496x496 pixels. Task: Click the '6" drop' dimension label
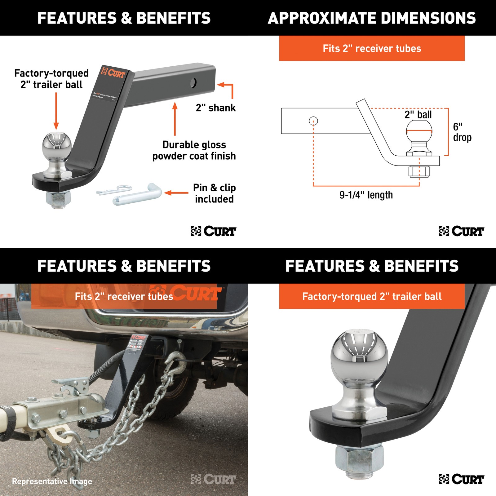[x=462, y=132]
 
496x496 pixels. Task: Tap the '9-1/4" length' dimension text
[x=366, y=195]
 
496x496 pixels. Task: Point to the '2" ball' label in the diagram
[x=418, y=115]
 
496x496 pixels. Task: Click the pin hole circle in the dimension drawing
[x=313, y=121]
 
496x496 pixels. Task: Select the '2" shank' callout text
[x=216, y=108]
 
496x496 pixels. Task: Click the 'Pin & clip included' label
[x=214, y=193]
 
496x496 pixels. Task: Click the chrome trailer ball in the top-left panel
[x=57, y=146]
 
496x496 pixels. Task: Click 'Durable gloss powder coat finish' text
[x=194, y=150]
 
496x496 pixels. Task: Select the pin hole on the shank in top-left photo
[x=193, y=83]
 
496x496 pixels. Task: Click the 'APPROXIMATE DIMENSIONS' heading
[x=372, y=18]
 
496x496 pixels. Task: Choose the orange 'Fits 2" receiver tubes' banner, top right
[x=372, y=48]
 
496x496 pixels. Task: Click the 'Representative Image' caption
[x=52, y=481]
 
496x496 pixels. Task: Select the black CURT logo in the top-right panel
[x=461, y=231]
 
